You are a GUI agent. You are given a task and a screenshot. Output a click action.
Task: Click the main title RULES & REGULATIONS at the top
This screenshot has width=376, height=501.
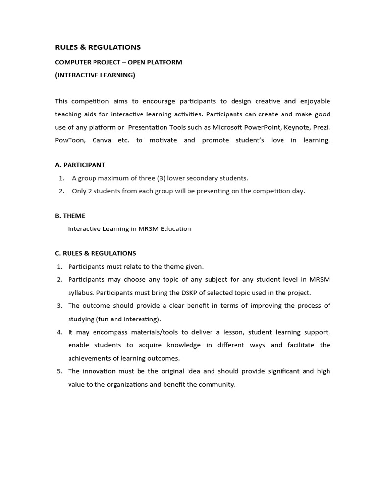click(x=97, y=47)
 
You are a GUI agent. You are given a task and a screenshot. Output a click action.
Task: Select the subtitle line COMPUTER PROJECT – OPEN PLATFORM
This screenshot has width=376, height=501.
click(x=118, y=62)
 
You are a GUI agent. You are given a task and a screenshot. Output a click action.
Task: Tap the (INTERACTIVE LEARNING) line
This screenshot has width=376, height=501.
click(x=95, y=75)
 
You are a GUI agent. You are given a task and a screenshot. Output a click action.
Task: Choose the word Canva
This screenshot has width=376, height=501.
click(x=101, y=140)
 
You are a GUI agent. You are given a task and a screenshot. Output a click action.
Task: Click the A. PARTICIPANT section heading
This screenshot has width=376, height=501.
click(x=80, y=165)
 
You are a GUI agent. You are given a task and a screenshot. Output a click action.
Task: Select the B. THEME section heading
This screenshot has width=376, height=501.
click(x=70, y=216)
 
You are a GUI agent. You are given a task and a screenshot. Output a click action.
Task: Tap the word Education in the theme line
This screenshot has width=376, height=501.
click(x=176, y=228)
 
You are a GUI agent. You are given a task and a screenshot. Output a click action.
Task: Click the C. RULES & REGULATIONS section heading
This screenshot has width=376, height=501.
click(x=95, y=253)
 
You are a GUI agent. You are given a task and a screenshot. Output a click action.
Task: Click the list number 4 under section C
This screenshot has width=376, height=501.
click(x=59, y=332)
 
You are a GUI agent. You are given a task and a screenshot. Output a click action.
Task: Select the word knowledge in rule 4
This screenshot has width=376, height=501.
click(x=183, y=345)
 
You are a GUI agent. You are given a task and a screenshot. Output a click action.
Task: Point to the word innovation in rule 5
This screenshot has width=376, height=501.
click(x=97, y=371)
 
